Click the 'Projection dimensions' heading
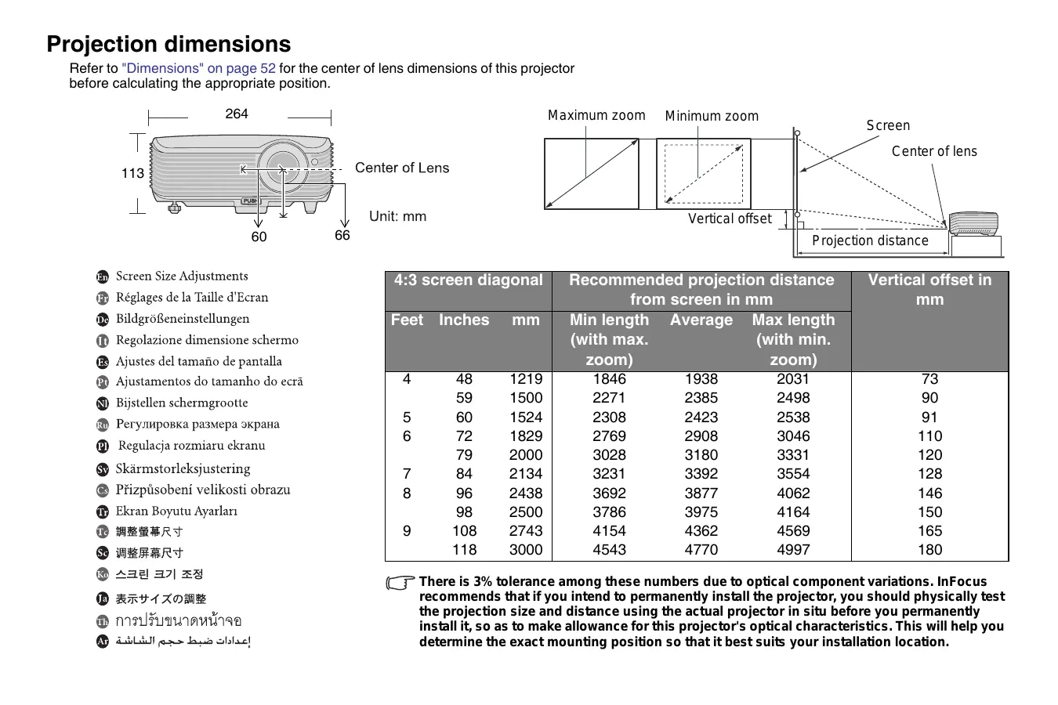click(168, 44)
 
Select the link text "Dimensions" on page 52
click(198, 68)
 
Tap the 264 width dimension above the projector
click(237, 114)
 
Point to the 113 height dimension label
click(132, 173)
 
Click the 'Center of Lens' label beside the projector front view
click(401, 168)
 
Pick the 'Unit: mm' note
click(397, 216)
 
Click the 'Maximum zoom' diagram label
click(596, 116)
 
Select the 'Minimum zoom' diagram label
click(712, 117)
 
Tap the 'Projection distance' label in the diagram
click(870, 241)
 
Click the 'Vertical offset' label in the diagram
click(730, 219)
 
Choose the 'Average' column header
click(701, 320)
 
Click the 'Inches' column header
click(463, 320)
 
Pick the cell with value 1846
click(609, 379)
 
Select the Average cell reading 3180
click(701, 455)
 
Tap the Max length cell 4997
click(793, 550)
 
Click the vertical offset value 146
click(929, 493)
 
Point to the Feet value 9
click(407, 531)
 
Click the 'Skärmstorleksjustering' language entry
click(183, 468)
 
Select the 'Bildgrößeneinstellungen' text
click(183, 319)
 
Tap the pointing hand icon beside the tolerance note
click(400, 583)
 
